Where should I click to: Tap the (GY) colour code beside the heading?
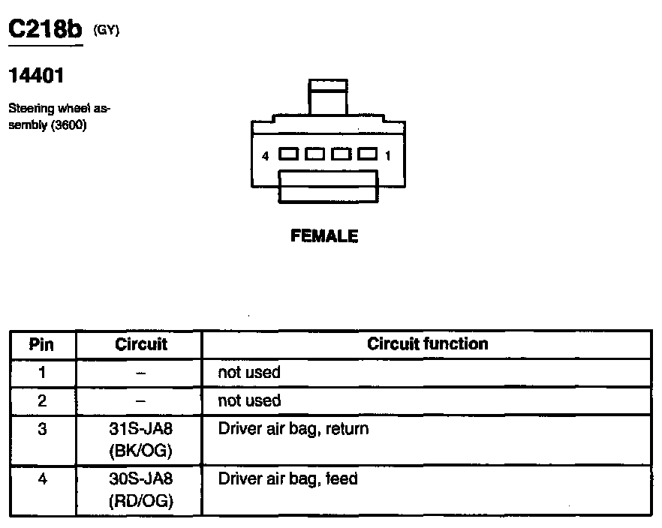coord(106,30)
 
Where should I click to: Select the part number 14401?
coord(36,76)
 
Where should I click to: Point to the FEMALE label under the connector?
coord(324,236)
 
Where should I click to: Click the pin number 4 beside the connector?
coord(266,157)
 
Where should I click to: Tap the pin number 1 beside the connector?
coord(387,157)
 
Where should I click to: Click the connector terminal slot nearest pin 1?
coord(367,154)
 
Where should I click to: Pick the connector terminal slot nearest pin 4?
coord(288,154)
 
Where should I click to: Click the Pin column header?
coord(42,344)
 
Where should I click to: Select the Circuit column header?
coord(141,344)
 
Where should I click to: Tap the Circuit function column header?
coord(427,343)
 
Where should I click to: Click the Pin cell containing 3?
coord(42,430)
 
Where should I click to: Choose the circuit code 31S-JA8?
coord(141,430)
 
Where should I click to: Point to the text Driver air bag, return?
coord(293,430)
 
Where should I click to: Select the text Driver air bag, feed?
coord(287,478)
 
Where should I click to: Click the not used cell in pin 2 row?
coord(249,400)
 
